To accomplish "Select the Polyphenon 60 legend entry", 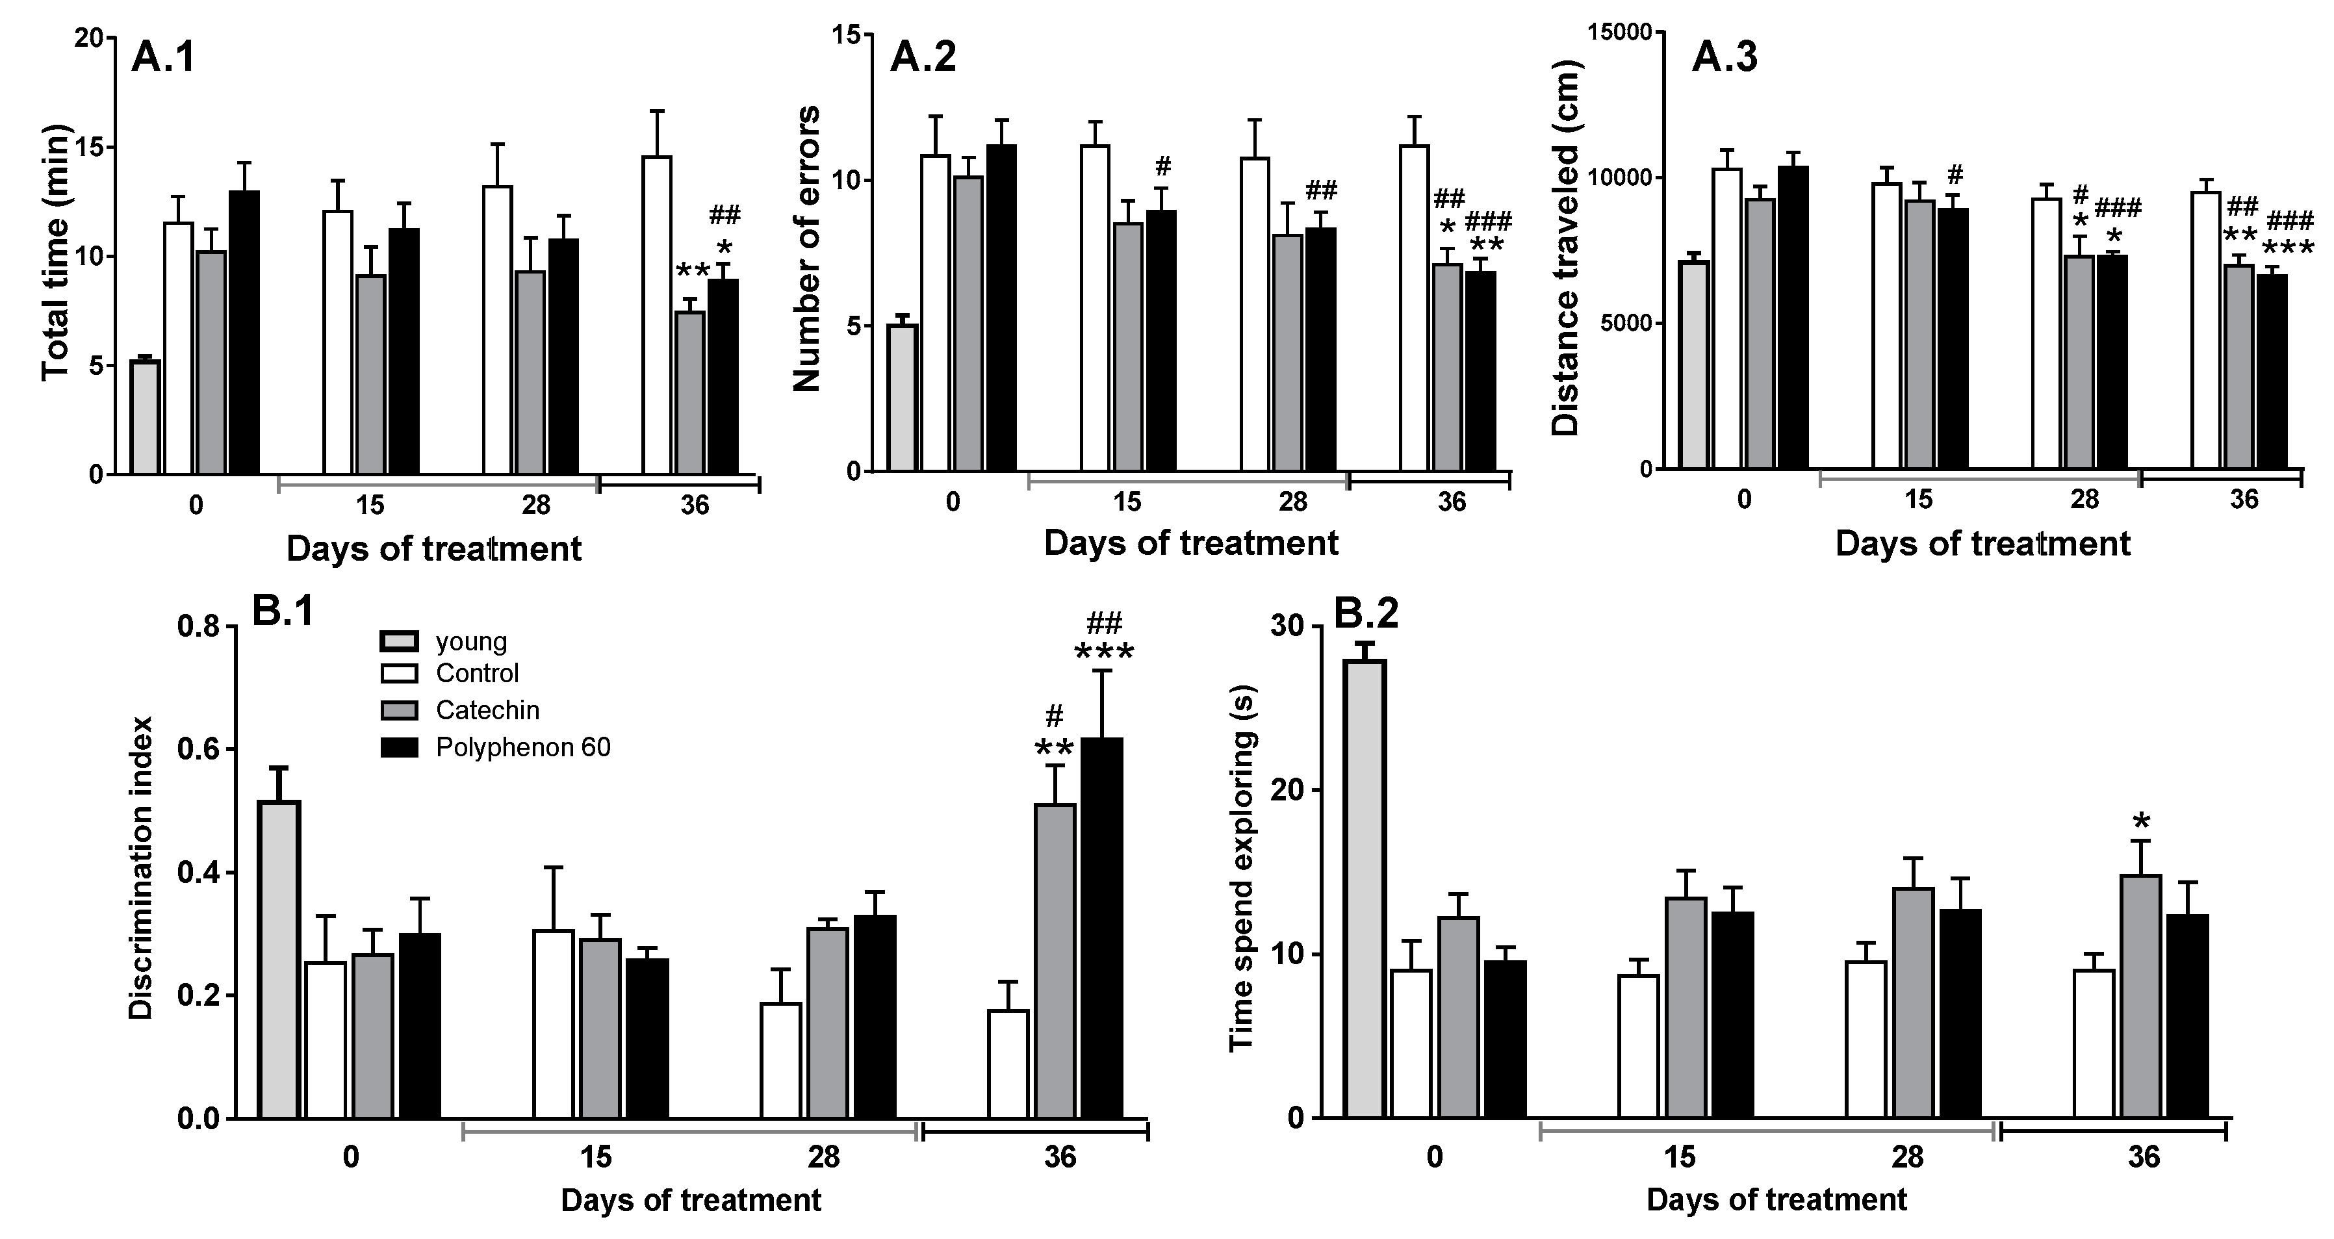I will point(523,747).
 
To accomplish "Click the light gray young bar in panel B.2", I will point(1365,888).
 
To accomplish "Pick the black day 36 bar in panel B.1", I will point(1102,928).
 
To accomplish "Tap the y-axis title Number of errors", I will point(807,248).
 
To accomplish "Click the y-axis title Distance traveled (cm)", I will point(1566,248).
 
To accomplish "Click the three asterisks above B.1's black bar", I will point(1103,654).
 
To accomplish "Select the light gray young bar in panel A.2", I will point(903,398).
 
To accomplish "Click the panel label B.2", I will point(1366,613).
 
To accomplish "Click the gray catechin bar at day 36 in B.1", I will point(1055,960).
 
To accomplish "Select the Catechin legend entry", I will point(487,710).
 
